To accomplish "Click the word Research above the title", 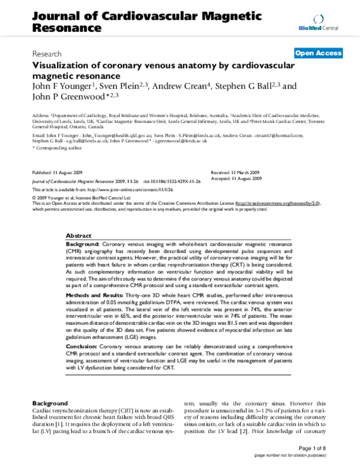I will click(x=47, y=53).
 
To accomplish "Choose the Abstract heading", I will click(x=79, y=236).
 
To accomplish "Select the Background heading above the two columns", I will click(x=50, y=402).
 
